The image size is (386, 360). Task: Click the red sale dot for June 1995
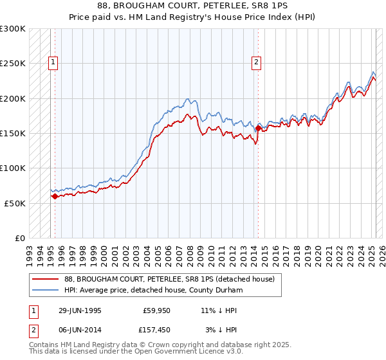[x=55, y=197]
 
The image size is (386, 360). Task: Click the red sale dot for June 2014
[x=258, y=129]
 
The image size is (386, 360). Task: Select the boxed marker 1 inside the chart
[x=53, y=62]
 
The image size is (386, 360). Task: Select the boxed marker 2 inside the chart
[x=256, y=62]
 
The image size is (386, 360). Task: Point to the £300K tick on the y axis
[x=13, y=29]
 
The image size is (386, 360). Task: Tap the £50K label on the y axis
[x=15, y=203]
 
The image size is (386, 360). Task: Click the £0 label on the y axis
[x=21, y=238]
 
